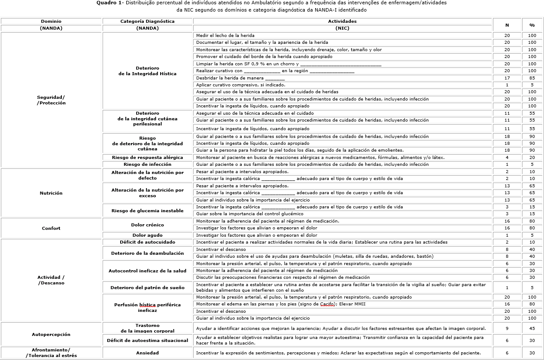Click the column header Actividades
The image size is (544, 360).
coord(342,21)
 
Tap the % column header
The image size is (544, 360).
coord(532,25)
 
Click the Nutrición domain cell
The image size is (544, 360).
coord(51,193)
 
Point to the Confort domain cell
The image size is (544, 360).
coord(51,228)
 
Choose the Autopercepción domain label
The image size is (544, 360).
coord(51,334)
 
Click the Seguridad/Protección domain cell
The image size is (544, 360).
coord(51,100)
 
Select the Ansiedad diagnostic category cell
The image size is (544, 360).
coord(147,353)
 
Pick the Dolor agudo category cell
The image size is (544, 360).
coord(147,235)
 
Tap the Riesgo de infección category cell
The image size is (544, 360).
coord(147,164)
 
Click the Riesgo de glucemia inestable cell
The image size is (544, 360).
coord(147,211)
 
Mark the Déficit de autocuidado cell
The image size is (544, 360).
coord(147,242)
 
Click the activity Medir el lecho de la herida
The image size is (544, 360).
coord(225,35)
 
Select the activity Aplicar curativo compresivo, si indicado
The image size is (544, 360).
coord(240,85)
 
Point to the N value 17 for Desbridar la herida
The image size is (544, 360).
coord(507,78)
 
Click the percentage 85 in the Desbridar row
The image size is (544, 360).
coord(532,78)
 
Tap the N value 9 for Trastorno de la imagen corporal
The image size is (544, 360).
coord(507,329)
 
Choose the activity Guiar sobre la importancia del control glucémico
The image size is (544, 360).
coord(249,214)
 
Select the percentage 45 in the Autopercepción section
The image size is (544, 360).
coord(532,329)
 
